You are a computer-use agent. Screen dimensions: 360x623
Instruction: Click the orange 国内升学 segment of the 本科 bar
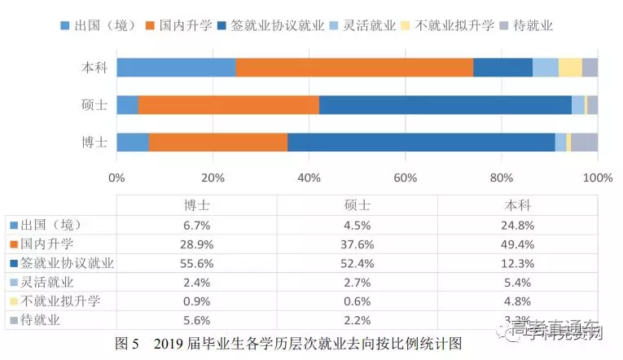point(354,68)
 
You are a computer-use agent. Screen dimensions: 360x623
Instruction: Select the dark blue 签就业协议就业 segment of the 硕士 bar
point(445,105)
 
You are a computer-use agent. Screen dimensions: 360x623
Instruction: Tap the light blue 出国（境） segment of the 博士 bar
point(133,142)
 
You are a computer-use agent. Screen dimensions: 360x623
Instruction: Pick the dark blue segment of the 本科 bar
point(502,68)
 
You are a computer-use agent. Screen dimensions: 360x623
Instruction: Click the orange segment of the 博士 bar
point(218,142)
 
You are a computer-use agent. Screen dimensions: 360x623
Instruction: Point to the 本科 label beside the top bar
point(95,68)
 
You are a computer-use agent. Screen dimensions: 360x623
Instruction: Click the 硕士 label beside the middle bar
point(95,105)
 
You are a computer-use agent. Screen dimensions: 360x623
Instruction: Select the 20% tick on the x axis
point(213,178)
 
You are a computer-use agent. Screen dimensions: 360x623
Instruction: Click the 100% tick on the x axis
point(597,178)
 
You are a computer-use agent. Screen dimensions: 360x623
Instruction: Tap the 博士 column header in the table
point(196,204)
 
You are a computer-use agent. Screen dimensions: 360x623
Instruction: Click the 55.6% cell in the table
point(196,263)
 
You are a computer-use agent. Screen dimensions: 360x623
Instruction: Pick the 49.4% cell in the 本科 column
point(518,244)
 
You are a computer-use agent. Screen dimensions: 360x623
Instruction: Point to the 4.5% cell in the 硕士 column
point(357,224)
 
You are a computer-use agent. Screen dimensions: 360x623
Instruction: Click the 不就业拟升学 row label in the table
point(60,302)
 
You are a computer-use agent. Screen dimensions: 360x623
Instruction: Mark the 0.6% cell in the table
point(357,302)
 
